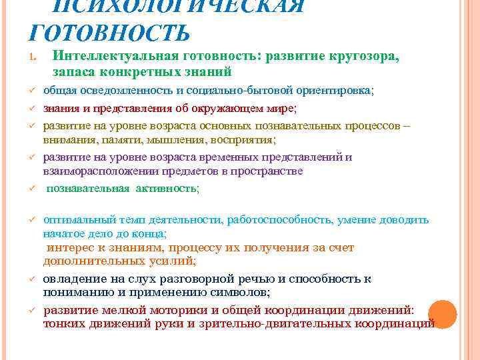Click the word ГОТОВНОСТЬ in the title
tap(109, 31)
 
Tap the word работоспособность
tap(279, 220)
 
